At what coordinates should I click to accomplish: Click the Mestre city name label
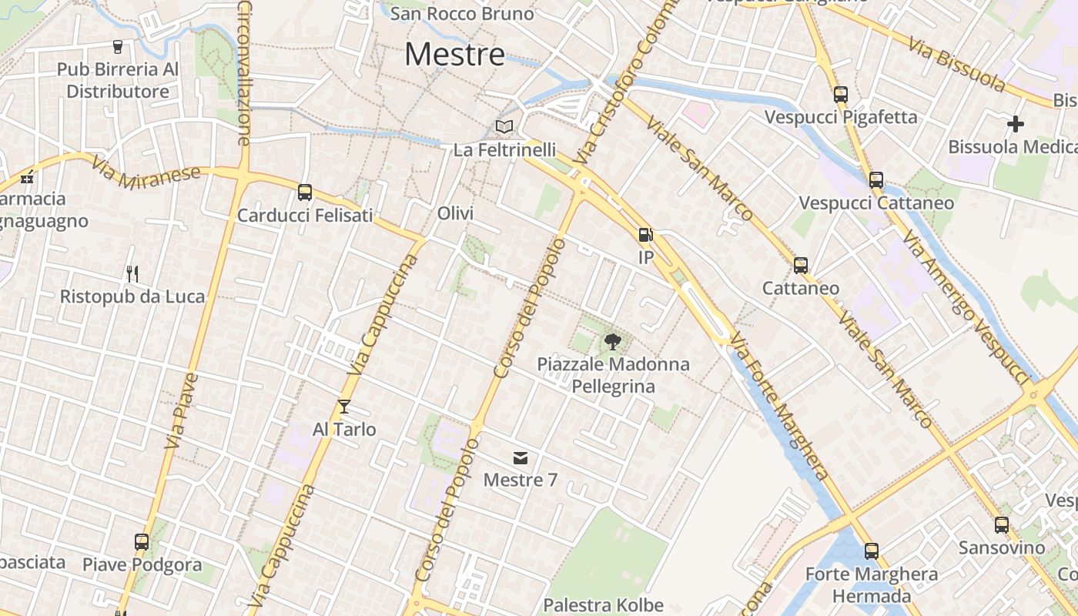coord(454,54)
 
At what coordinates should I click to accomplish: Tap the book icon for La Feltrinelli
coord(504,126)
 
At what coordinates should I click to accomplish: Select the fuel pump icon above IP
coord(645,235)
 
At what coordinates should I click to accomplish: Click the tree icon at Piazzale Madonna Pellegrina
coord(613,341)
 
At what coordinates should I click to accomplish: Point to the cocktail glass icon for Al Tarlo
coord(344,406)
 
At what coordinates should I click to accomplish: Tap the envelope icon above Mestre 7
coord(521,459)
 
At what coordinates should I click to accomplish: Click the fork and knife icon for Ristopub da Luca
coord(132,273)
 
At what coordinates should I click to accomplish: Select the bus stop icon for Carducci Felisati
coord(305,192)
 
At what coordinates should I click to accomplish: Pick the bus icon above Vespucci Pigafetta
coord(840,95)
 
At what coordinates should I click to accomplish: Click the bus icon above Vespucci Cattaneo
coord(876,180)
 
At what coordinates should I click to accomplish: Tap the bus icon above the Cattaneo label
coord(801,266)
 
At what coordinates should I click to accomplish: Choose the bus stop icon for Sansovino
coord(1001,525)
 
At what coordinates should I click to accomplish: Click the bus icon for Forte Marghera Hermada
coord(871,551)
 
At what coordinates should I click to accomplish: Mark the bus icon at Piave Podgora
coord(142,541)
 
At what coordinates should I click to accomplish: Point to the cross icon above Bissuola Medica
coord(1016,123)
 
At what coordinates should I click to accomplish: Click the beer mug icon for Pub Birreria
coord(118,47)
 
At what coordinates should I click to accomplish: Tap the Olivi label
coord(455,213)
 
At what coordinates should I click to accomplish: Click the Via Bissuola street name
coord(956,63)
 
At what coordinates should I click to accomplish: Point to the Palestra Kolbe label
coord(604,605)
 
